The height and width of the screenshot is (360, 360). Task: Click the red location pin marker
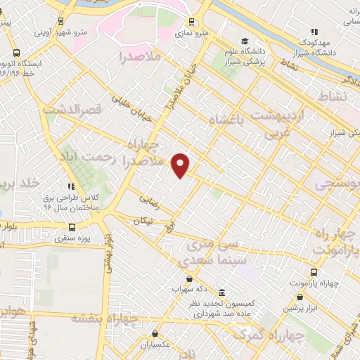coord(181,165)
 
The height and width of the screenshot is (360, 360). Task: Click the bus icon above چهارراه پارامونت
coord(314,272)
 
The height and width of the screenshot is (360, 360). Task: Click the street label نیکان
coord(143,220)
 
